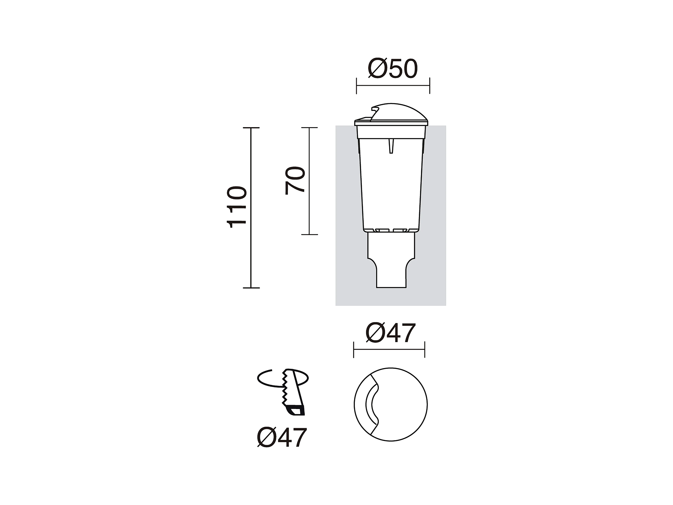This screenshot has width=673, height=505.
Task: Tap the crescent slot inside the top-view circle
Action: (368, 404)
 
